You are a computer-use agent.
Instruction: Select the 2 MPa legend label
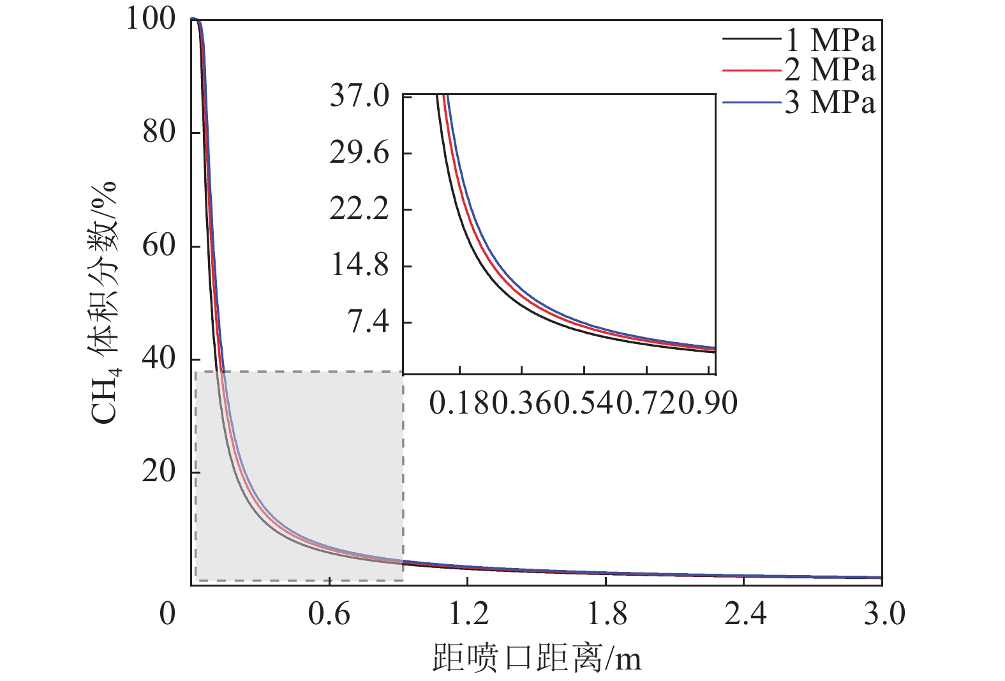point(830,70)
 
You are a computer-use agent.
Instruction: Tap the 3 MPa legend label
point(830,102)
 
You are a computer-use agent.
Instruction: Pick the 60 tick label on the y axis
point(158,246)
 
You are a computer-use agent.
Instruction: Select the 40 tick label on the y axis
point(158,359)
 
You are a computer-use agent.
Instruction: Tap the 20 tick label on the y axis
point(158,472)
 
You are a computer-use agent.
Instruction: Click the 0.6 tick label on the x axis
point(329,614)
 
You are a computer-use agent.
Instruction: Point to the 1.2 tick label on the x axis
point(468,614)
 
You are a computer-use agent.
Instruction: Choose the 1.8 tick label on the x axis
point(607,614)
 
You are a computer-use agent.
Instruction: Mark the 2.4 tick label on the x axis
point(745,614)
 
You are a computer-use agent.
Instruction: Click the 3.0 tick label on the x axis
point(884,614)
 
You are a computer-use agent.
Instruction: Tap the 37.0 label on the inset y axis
point(359,96)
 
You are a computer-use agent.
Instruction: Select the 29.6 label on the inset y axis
point(359,153)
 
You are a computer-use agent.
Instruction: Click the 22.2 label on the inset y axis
point(359,209)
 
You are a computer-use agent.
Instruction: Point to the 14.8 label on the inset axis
point(359,266)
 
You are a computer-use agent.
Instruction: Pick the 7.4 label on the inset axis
point(368,322)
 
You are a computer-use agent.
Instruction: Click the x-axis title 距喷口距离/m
point(537,657)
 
